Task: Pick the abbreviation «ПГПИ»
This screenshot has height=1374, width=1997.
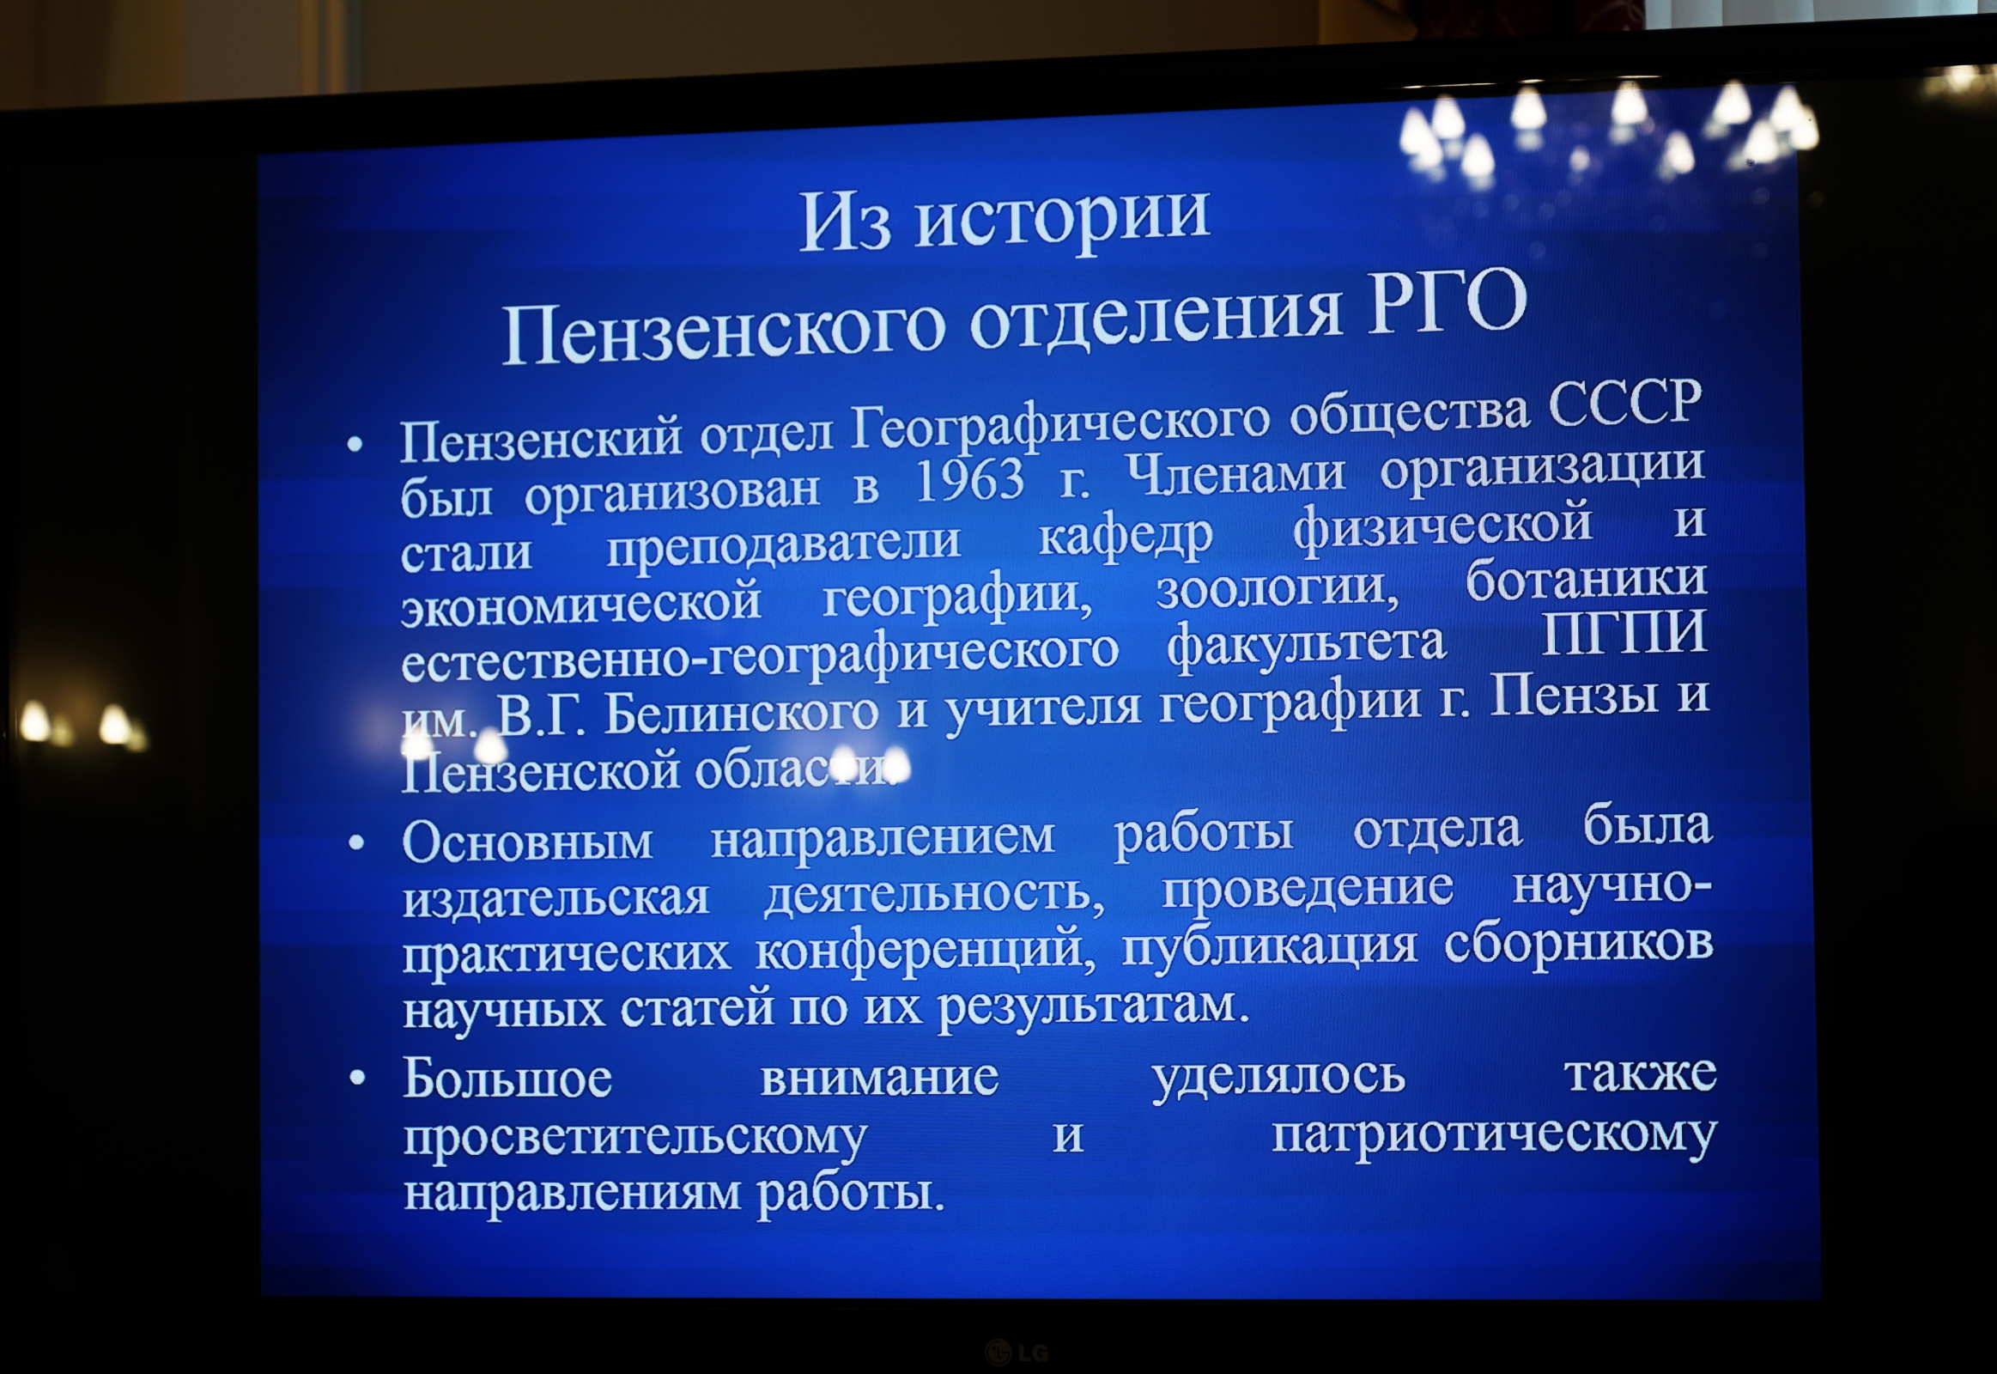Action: point(1624,634)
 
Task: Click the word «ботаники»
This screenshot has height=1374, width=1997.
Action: point(1586,579)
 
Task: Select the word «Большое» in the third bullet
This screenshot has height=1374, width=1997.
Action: point(507,1078)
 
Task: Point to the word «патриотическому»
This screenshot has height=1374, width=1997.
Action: point(1493,1136)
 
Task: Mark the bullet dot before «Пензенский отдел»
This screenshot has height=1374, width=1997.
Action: point(355,444)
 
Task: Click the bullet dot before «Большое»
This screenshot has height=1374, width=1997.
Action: point(357,1077)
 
